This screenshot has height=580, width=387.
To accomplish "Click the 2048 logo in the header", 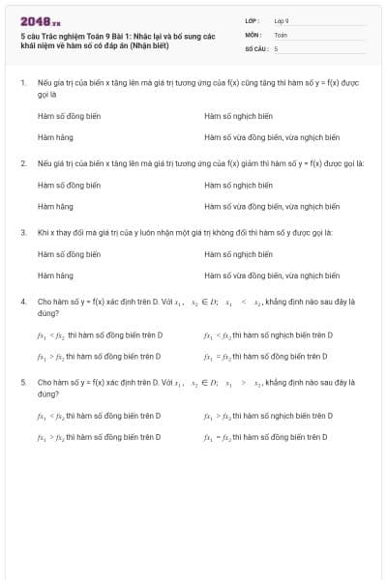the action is click(x=40, y=20).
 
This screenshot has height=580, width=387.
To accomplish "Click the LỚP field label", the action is click(x=253, y=19).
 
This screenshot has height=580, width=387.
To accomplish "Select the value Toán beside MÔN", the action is click(x=281, y=34).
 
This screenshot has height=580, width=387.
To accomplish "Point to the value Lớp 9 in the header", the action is click(x=282, y=19).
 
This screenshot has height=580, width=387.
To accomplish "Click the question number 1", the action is click(x=22, y=83).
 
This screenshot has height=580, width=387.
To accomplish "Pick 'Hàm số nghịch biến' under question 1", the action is click(x=238, y=116).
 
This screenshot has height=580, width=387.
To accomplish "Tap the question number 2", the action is click(x=22, y=163).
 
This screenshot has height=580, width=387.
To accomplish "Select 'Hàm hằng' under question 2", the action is click(x=55, y=206).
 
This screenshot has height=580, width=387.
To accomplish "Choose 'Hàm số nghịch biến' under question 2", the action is click(x=238, y=185).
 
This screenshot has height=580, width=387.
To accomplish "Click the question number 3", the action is click(x=22, y=233).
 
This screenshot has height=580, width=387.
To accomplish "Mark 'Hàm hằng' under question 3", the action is click(x=55, y=275).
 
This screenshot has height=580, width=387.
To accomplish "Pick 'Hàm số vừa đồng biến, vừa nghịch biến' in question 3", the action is click(x=272, y=275).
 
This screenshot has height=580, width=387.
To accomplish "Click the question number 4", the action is click(x=22, y=302).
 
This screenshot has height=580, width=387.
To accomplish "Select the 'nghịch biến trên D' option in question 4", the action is click(x=268, y=334).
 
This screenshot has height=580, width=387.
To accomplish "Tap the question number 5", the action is click(x=22, y=383).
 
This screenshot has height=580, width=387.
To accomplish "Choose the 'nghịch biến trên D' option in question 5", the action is click(x=268, y=416).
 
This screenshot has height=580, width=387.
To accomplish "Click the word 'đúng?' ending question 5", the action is click(x=49, y=394).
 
